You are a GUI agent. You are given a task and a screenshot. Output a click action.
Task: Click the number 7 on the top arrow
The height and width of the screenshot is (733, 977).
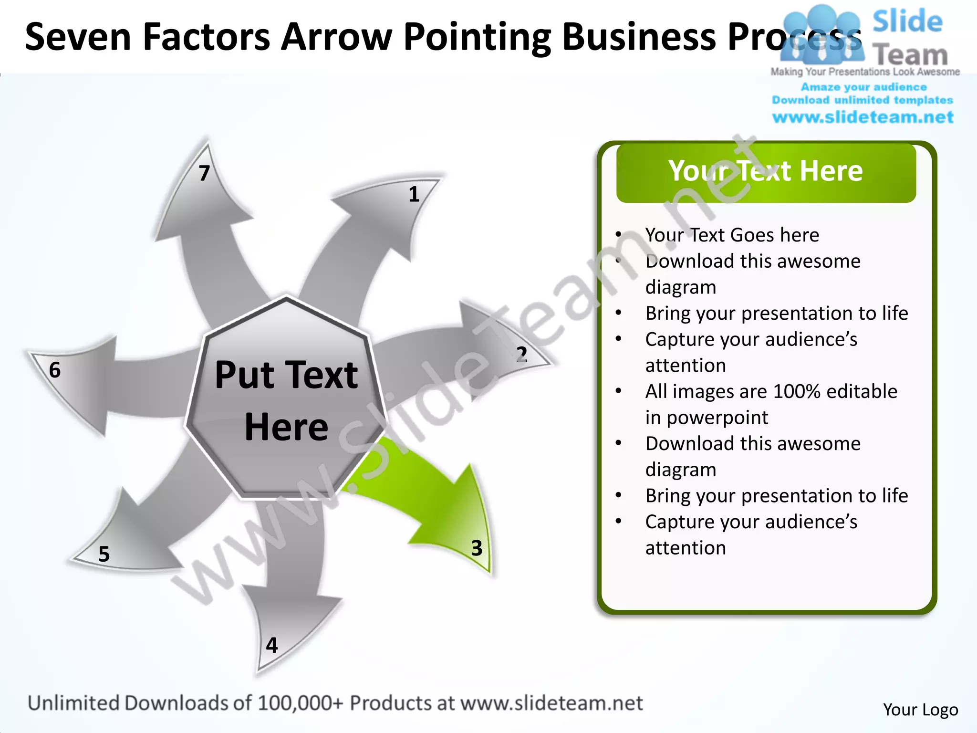(204, 173)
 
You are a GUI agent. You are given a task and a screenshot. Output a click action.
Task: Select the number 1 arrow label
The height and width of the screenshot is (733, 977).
(414, 194)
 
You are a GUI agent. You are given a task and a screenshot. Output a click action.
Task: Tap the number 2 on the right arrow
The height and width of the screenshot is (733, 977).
(521, 355)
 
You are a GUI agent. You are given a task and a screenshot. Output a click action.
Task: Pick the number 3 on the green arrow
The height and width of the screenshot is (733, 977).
(477, 548)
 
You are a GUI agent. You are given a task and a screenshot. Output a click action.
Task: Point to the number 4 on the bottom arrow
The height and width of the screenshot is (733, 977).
(272, 645)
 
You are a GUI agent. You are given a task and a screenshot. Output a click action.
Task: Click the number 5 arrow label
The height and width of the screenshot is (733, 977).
(104, 554)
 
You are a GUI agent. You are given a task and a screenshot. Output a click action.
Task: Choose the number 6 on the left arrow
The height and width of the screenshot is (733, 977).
(55, 370)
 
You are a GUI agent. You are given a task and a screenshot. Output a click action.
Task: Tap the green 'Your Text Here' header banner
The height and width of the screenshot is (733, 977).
(766, 172)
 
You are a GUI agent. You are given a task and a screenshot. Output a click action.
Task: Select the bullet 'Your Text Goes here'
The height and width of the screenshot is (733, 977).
(732, 235)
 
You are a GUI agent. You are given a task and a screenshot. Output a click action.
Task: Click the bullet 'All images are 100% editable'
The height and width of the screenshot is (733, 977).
(771, 391)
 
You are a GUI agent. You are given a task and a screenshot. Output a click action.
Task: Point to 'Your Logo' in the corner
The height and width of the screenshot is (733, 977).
(920, 710)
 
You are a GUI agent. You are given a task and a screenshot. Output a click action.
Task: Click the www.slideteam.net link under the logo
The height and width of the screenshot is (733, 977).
(863, 117)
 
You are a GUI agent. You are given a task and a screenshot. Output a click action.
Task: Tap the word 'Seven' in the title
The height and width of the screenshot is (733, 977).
(78, 37)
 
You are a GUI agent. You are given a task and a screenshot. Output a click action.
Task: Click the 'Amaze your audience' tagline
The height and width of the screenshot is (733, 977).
(863, 87)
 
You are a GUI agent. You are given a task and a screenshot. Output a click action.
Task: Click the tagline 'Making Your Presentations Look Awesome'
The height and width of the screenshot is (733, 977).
(865, 72)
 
